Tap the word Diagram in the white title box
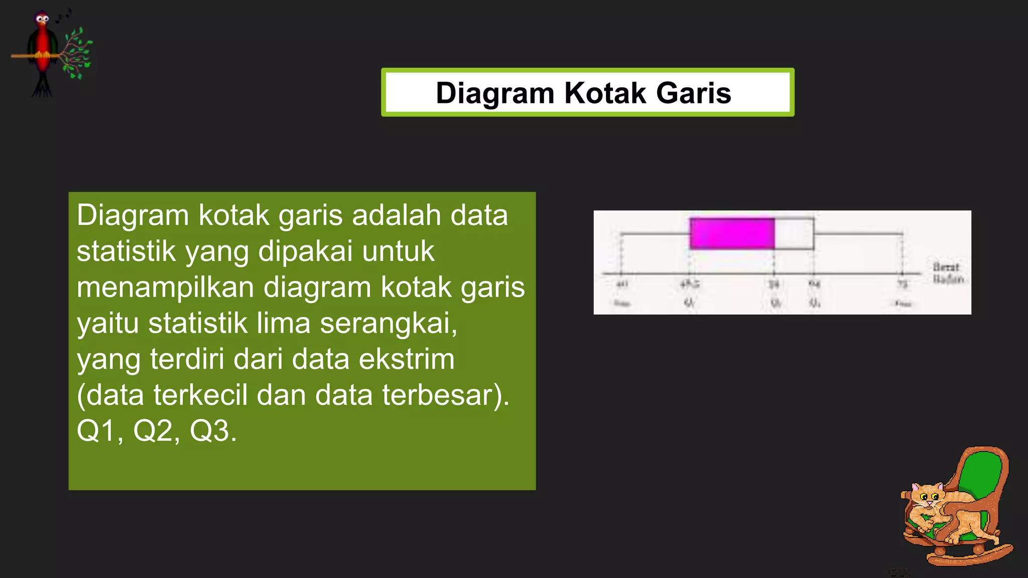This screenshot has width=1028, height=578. (x=494, y=94)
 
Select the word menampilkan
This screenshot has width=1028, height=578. (x=165, y=287)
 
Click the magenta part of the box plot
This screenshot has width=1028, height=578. (x=732, y=233)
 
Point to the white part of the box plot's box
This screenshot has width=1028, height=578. (x=794, y=234)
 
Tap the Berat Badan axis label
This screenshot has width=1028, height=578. (x=948, y=273)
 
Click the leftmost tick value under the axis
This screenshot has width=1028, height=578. (x=622, y=284)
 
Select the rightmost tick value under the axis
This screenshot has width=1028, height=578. (x=903, y=284)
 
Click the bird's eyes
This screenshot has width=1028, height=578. (x=43, y=19)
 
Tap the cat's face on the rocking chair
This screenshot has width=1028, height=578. (x=927, y=497)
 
